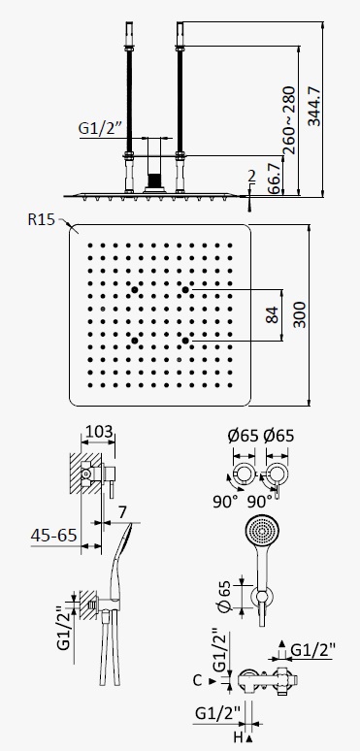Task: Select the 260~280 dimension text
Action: (x=289, y=119)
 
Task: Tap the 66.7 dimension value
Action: (x=274, y=179)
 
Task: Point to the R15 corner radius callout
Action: (x=42, y=219)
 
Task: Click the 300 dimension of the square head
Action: (x=300, y=314)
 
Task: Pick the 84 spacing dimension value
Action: (x=272, y=314)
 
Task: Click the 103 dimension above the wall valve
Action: (x=98, y=431)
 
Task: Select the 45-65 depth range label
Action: (x=53, y=535)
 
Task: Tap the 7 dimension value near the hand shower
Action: (x=123, y=512)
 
